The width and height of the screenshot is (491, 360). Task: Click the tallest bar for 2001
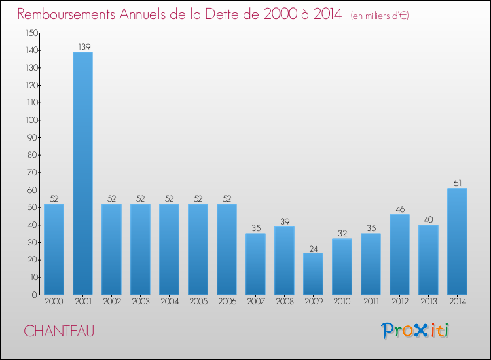tap(82, 173)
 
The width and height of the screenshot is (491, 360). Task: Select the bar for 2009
tap(313, 274)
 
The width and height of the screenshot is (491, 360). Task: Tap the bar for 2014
tap(457, 242)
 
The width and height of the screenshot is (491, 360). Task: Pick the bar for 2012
tap(399, 255)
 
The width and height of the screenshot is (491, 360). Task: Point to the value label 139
tap(82, 46)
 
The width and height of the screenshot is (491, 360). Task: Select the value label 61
tap(457, 183)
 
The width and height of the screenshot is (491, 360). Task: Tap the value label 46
tap(399, 209)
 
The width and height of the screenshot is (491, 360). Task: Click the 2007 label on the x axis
tap(255, 301)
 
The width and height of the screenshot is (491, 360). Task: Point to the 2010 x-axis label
tap(342, 301)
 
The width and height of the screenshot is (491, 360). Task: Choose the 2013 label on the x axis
tap(428, 301)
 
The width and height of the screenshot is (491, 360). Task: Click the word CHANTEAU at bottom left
tap(59, 331)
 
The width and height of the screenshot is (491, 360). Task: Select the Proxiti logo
tap(416, 331)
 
